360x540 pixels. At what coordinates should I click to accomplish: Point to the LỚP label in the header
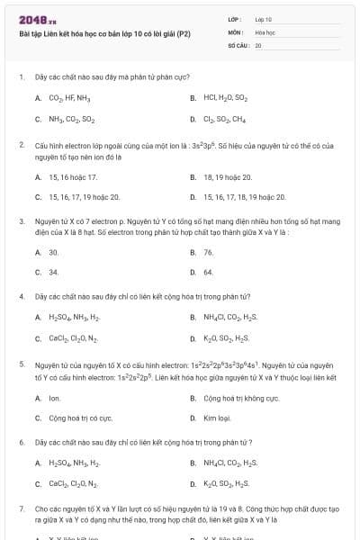(x=233, y=18)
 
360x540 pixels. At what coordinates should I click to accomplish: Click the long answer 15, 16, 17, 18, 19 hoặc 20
(x=247, y=195)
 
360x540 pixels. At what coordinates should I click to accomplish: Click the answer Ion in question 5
(x=54, y=397)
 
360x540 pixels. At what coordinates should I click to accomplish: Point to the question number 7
(x=21, y=508)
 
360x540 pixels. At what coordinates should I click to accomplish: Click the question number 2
(x=21, y=144)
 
